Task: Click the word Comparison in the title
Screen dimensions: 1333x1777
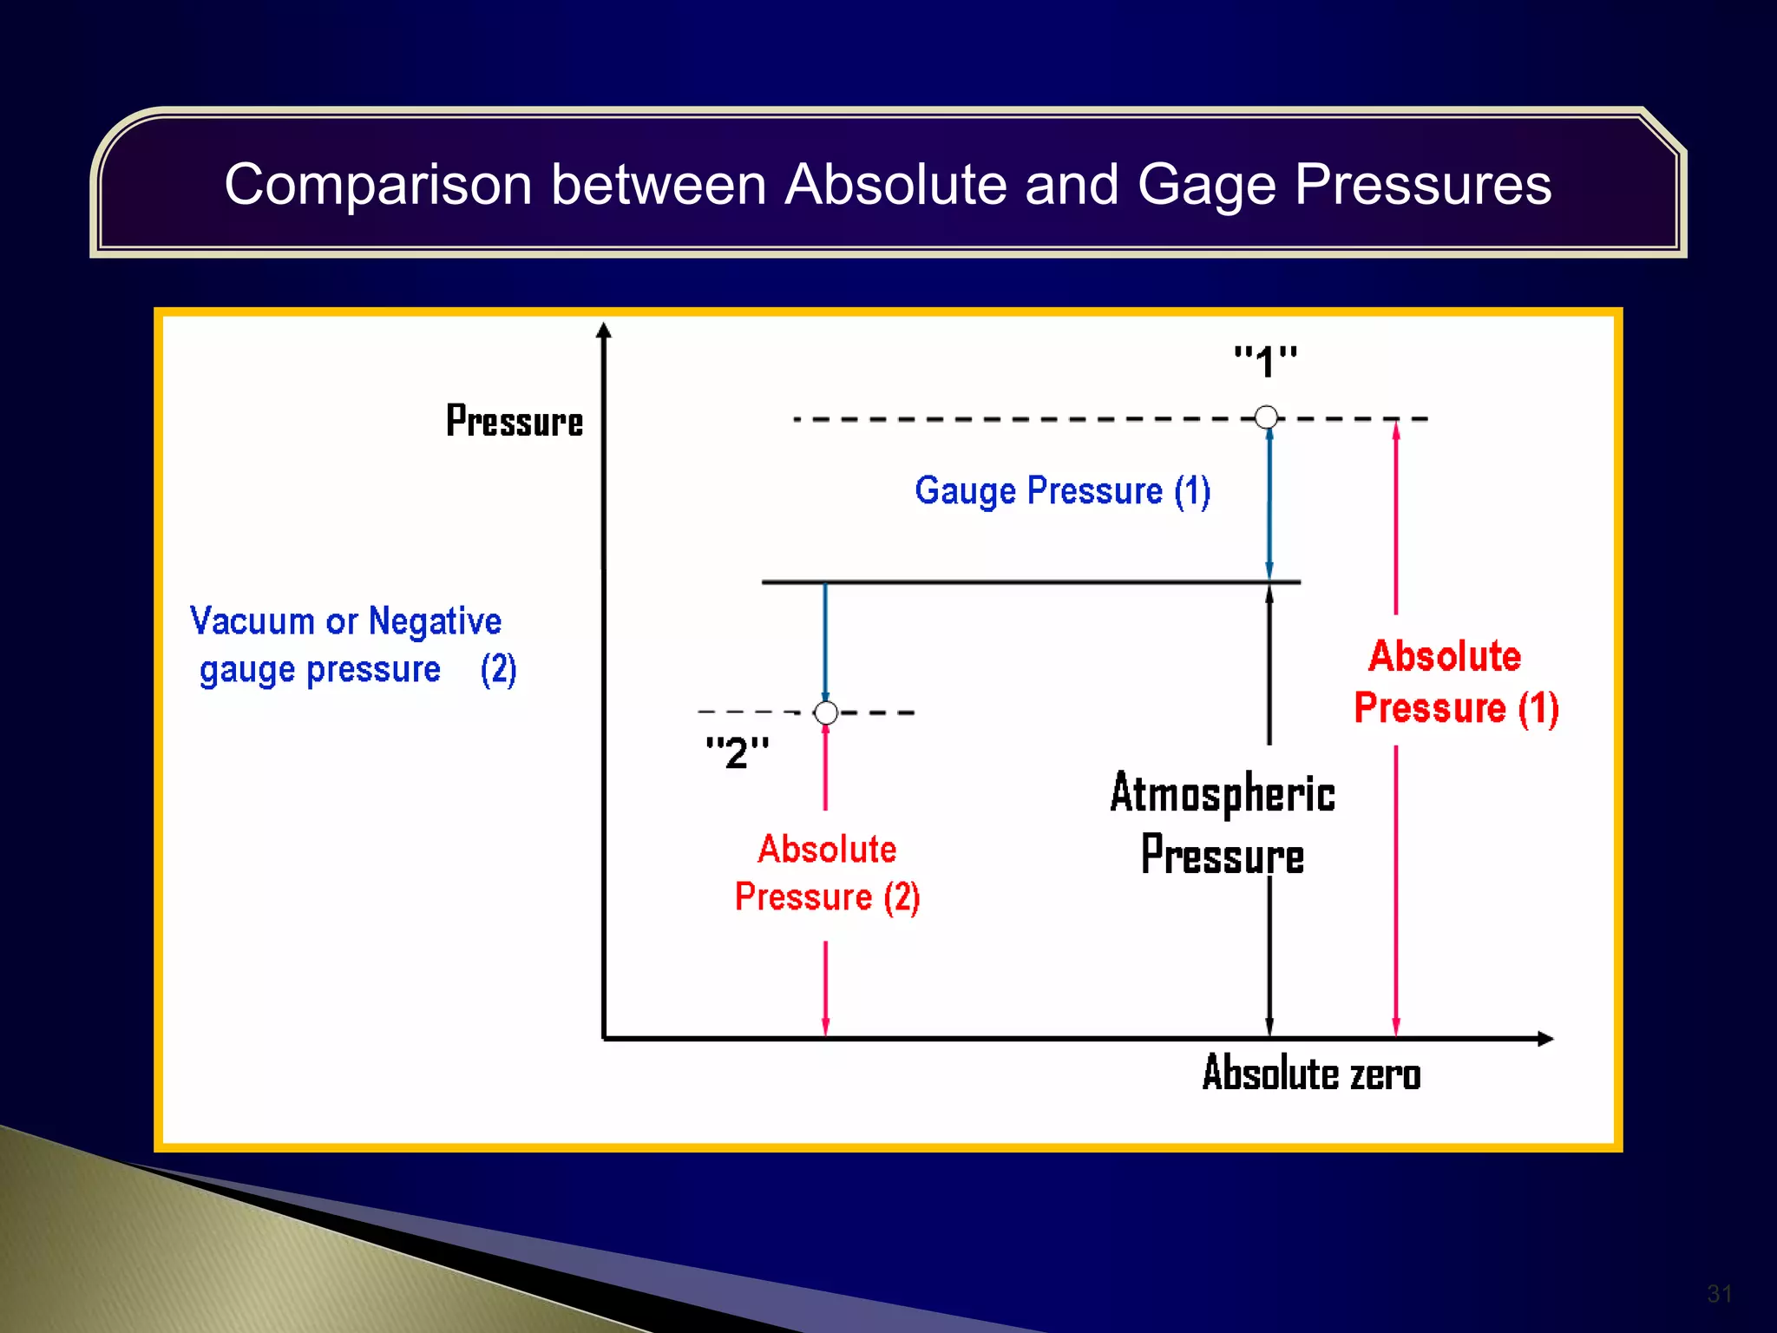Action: point(377,185)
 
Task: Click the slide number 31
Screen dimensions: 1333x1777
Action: point(1719,1294)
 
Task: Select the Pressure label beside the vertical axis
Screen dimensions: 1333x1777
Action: point(514,422)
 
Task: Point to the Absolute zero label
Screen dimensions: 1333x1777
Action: point(1310,1074)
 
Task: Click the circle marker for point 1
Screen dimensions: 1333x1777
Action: point(1266,417)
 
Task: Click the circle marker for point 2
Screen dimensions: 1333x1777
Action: point(826,712)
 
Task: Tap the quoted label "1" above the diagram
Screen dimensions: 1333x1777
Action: point(1265,362)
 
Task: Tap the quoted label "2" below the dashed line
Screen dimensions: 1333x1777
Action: point(737,752)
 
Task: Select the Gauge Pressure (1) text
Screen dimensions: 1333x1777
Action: point(1062,491)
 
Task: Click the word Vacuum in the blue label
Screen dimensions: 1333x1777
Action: point(252,621)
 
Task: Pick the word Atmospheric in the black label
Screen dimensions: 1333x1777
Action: point(1222,793)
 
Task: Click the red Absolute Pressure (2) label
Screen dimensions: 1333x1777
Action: point(827,873)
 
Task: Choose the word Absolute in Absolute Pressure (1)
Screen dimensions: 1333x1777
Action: point(1445,656)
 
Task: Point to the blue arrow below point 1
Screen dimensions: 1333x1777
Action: point(1269,503)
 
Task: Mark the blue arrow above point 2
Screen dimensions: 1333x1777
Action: point(825,642)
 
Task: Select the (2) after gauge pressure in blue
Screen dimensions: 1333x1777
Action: point(498,670)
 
